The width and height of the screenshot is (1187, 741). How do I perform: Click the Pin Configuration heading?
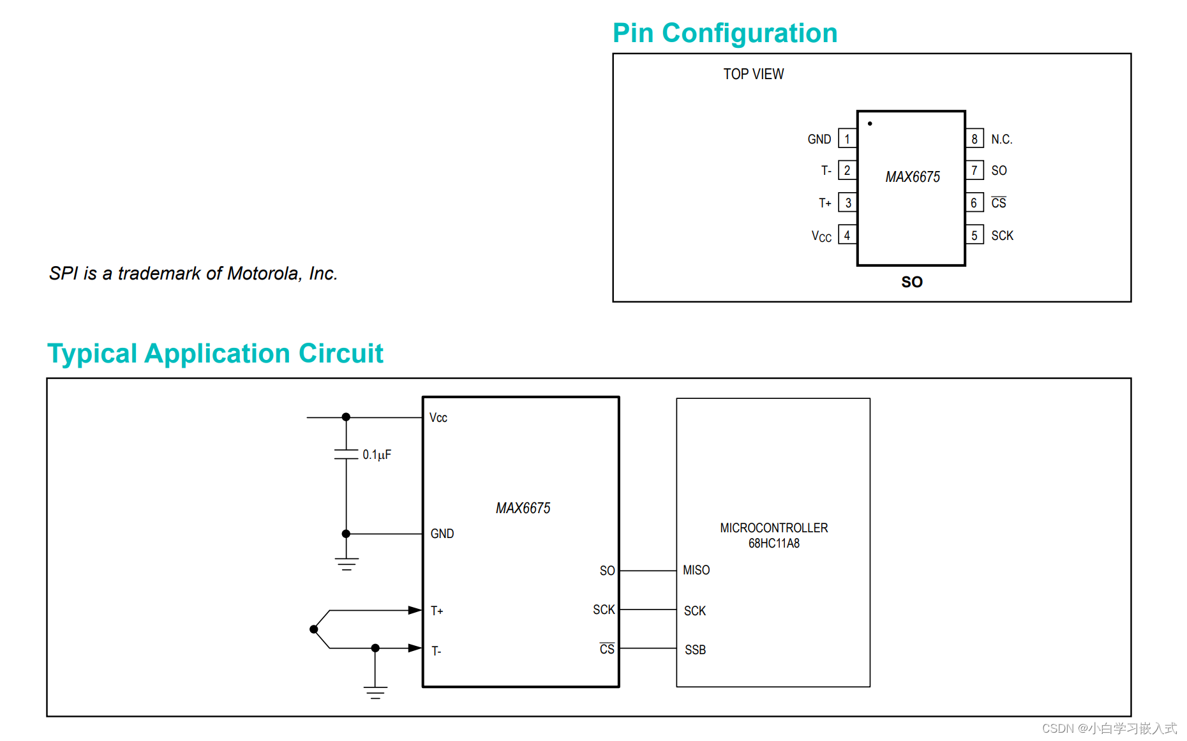[724, 33]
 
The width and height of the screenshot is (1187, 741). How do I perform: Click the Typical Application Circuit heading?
[215, 354]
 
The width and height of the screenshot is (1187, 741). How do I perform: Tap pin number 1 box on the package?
[847, 139]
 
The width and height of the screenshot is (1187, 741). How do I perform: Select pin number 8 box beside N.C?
[974, 139]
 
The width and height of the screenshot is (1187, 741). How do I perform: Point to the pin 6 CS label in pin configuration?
[999, 203]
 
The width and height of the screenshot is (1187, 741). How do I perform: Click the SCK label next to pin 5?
[1002, 236]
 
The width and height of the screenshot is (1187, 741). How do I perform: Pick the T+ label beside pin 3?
[825, 203]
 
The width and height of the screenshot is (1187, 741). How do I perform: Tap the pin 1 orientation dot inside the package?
[870, 124]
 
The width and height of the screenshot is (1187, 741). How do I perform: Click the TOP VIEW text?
[753, 74]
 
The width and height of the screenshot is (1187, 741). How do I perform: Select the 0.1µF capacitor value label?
[377, 454]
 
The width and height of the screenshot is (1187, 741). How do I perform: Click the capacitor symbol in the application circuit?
[346, 454]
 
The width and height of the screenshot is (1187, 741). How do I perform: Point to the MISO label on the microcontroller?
[696, 570]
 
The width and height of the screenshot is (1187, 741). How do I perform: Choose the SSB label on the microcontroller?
[695, 650]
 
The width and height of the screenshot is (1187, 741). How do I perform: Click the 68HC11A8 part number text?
[773, 543]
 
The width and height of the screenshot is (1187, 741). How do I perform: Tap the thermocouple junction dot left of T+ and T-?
[314, 629]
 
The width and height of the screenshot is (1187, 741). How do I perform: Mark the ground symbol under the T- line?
[375, 692]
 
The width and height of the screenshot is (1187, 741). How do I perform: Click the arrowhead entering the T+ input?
[415, 610]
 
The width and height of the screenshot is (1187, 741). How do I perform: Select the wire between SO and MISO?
[648, 571]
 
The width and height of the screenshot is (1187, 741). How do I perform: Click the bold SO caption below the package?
[911, 282]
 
